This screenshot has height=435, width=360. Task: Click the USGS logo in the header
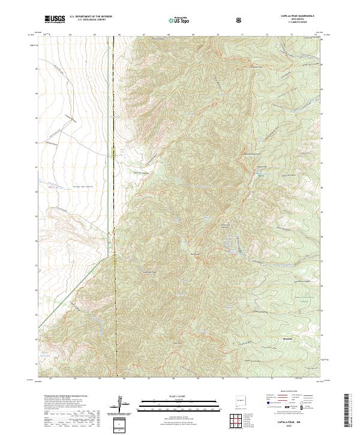click(55, 19)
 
